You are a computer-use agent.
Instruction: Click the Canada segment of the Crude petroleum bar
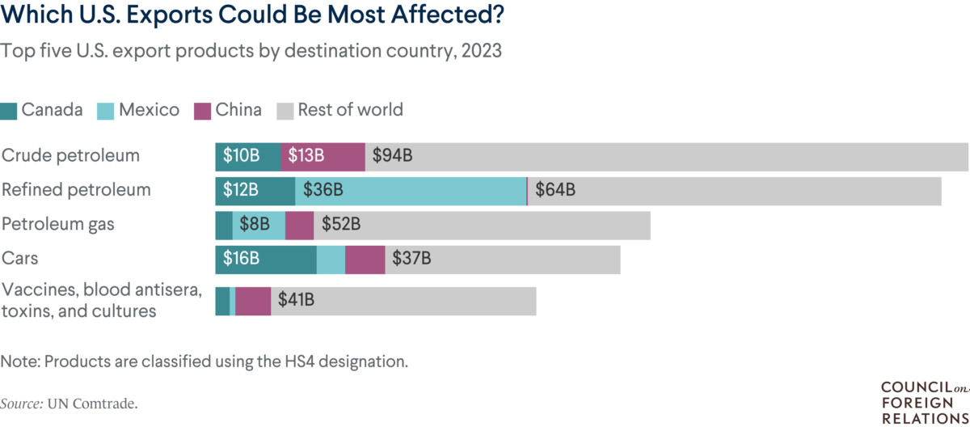pyautogui.click(x=247, y=156)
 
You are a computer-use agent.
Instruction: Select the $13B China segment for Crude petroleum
pyautogui.click(x=323, y=156)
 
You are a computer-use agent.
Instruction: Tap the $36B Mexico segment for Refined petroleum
pyautogui.click(x=411, y=191)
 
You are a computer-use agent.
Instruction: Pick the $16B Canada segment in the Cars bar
pyautogui.click(x=265, y=260)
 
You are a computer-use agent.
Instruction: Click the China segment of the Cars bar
pyautogui.click(x=365, y=260)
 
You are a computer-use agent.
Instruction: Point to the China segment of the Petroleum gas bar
pyautogui.click(x=299, y=225)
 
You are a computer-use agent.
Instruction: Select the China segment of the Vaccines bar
pyautogui.click(x=253, y=301)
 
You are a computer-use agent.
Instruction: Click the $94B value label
pyautogui.click(x=392, y=156)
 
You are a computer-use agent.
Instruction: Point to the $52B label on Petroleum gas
pyautogui.click(x=340, y=225)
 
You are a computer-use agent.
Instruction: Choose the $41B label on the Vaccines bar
pyautogui.click(x=296, y=301)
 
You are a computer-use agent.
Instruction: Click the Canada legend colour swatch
pyautogui.click(x=9, y=110)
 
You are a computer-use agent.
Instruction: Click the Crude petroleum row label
pyautogui.click(x=71, y=155)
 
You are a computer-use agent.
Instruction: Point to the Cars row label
pyautogui.click(x=20, y=259)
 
